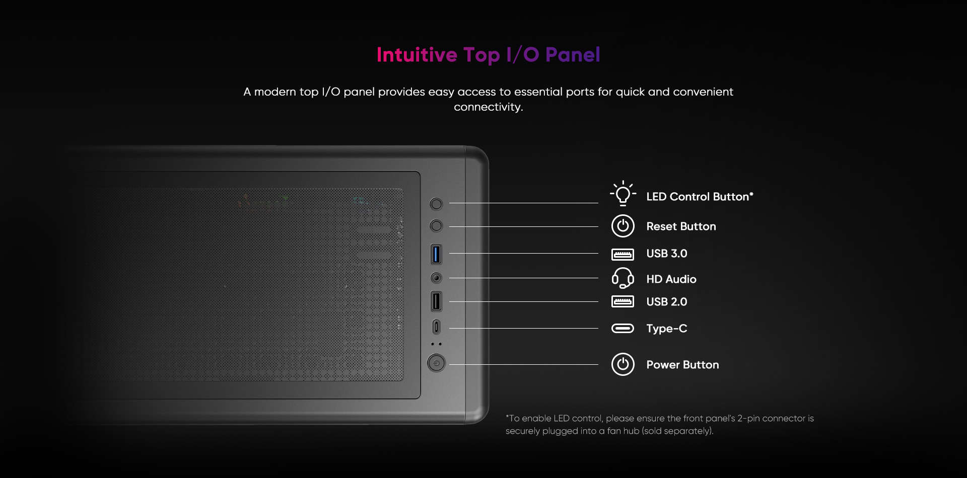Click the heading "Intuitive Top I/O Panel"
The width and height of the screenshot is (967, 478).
click(x=488, y=55)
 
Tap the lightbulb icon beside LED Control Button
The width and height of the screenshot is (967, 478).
click(x=623, y=194)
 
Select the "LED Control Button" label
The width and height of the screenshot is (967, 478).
click(x=700, y=197)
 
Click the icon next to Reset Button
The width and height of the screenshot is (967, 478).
click(x=623, y=226)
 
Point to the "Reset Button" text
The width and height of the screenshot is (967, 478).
click(x=681, y=226)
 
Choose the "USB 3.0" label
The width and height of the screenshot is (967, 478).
click(x=667, y=254)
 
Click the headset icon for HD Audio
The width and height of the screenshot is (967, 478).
click(x=623, y=278)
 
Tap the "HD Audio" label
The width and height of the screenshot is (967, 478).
click(x=671, y=279)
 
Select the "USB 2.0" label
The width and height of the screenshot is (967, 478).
click(x=667, y=302)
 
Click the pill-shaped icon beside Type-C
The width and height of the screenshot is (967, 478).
click(x=623, y=329)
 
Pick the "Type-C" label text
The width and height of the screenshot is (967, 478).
click(x=667, y=329)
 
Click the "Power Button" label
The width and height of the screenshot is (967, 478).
click(x=682, y=365)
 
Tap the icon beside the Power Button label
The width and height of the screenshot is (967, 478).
click(x=623, y=364)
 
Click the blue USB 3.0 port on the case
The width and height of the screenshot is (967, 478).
click(x=436, y=254)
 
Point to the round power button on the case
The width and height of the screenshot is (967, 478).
click(x=436, y=363)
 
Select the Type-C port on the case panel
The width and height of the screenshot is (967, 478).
click(x=436, y=327)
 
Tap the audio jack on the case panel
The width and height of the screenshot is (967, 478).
click(x=436, y=278)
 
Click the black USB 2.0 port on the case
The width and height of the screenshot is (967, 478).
click(x=436, y=301)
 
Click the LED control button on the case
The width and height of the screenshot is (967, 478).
click(x=436, y=204)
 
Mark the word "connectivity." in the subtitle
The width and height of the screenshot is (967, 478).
click(x=489, y=107)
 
